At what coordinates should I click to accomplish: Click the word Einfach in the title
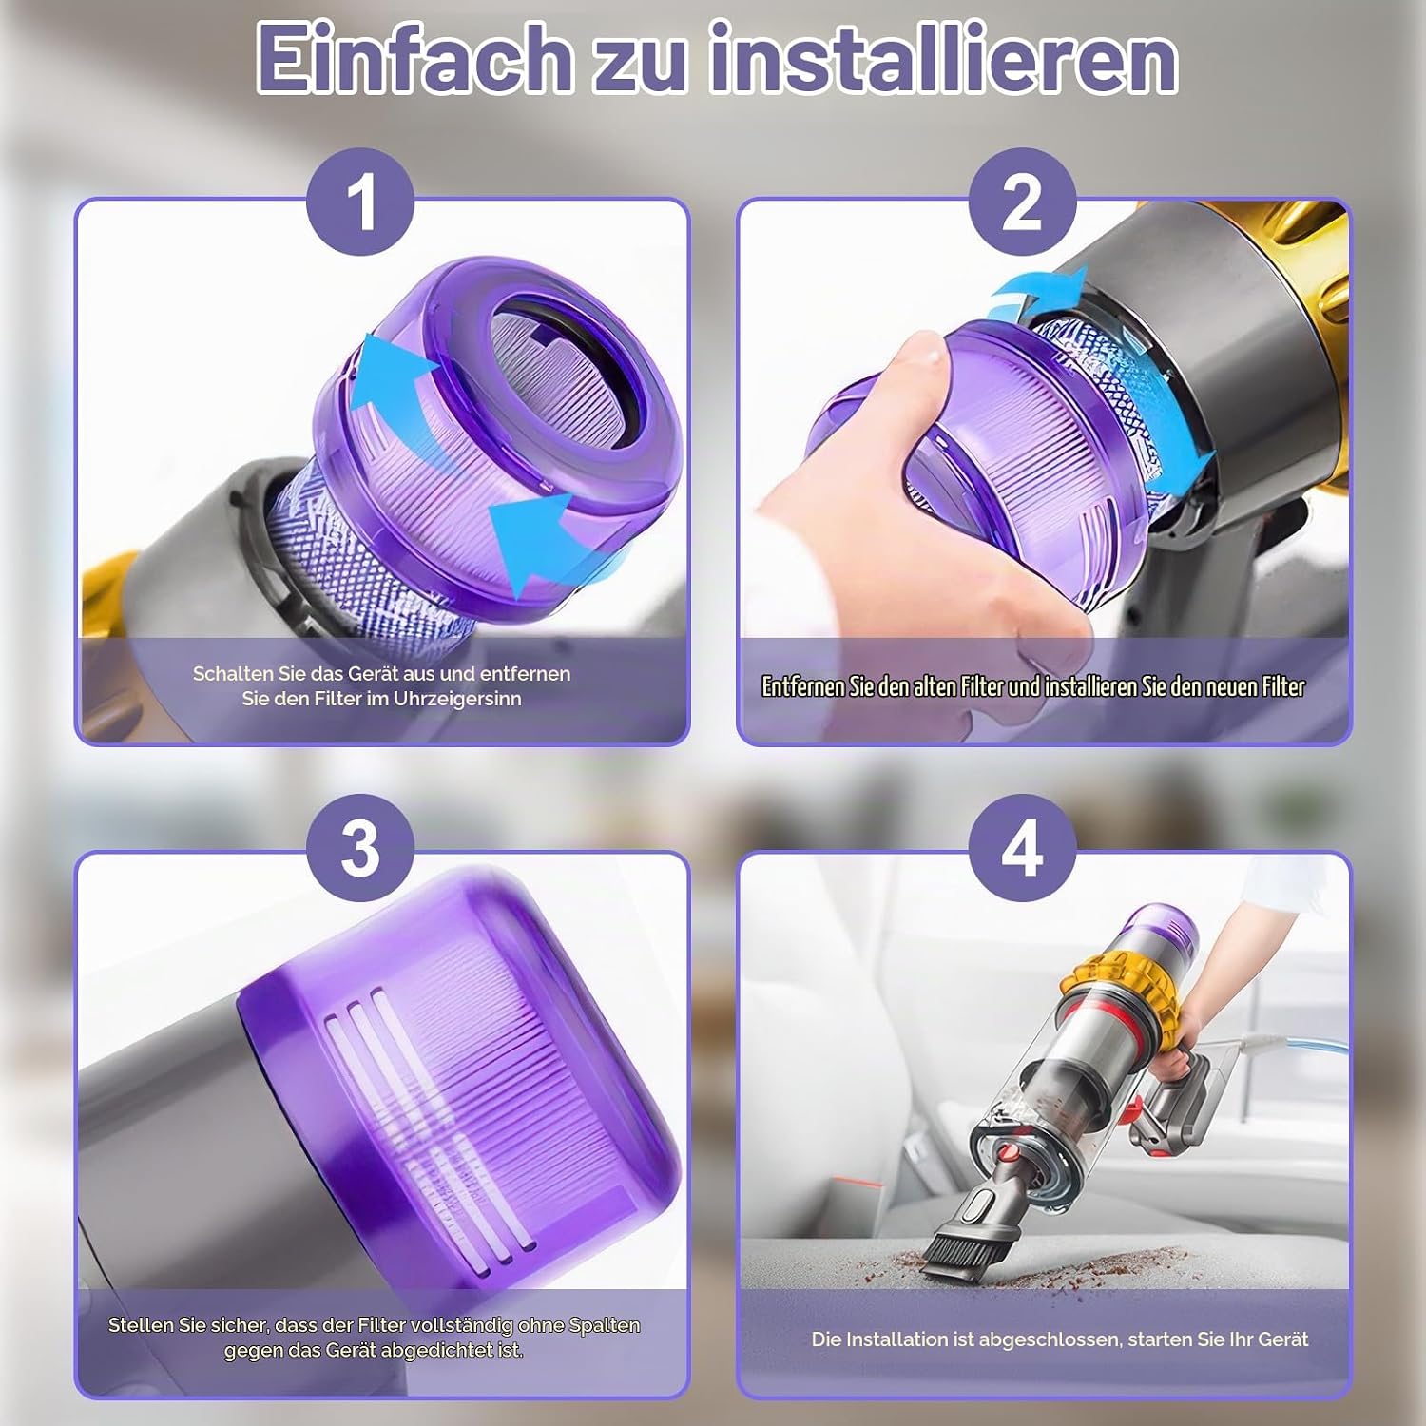[x=413, y=59]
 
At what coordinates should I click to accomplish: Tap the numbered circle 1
[x=360, y=202]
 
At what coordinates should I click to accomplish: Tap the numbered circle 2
[x=1022, y=202]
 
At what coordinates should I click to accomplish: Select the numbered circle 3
[x=360, y=848]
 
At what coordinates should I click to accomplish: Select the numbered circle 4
[x=1022, y=848]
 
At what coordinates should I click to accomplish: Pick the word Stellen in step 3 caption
[x=141, y=1325]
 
